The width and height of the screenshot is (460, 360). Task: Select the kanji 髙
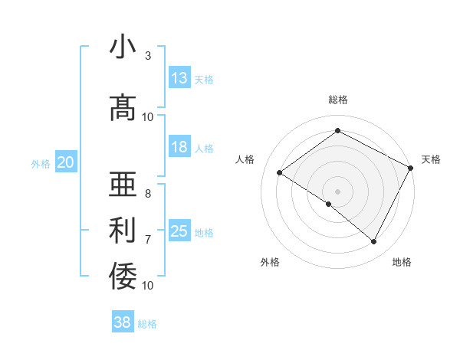pos(123,108)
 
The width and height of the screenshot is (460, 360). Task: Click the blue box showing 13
pos(179,78)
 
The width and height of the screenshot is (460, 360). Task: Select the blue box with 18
pos(179,147)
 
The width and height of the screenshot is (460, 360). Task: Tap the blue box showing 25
pos(179,231)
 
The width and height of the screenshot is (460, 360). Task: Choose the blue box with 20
pos(66,162)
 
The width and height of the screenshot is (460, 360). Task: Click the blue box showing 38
pos(123,322)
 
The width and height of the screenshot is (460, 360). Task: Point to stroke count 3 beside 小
pos(147,57)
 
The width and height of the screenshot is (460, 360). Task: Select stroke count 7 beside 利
pos(147,239)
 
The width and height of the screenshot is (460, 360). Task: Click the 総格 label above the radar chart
pos(337,100)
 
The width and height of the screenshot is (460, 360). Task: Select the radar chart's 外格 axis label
pos(270,262)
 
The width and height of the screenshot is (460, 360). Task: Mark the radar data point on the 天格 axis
pos(410,168)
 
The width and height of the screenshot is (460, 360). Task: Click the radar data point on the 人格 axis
pos(280,172)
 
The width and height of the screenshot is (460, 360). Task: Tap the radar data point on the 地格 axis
pos(374,242)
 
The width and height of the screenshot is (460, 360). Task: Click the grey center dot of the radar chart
pos(337,191)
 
